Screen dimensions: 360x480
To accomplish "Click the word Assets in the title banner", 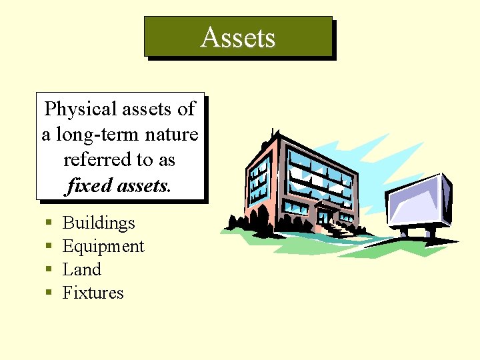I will click(238, 37).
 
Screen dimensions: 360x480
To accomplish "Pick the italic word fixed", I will click(85, 186).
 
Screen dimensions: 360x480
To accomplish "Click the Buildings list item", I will click(99, 223).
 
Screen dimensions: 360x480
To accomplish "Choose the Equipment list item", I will click(103, 247).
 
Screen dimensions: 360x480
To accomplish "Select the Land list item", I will click(81, 270).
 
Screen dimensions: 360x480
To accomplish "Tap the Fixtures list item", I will click(93, 293).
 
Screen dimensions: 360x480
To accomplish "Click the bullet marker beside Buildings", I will click(49, 224).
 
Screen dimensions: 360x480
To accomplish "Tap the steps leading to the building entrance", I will click(337, 230).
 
